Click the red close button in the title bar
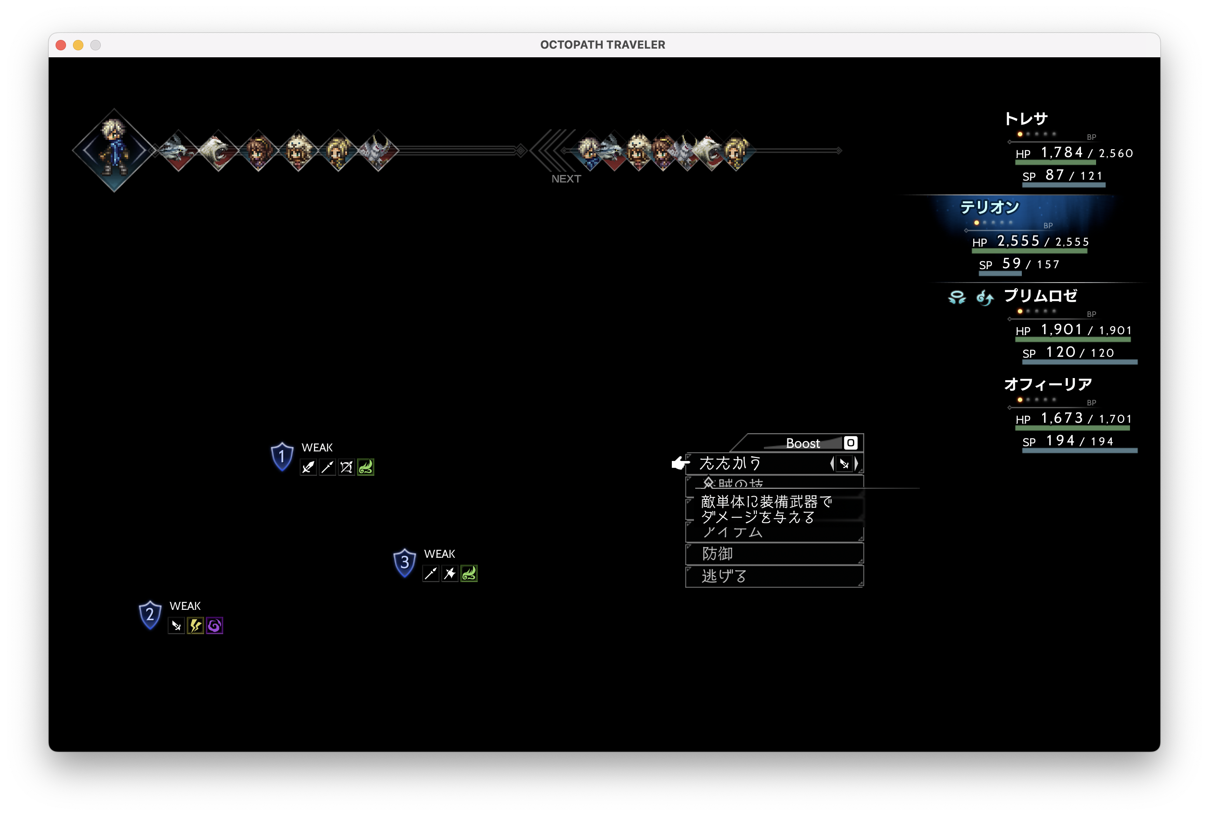(61, 45)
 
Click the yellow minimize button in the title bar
(78, 45)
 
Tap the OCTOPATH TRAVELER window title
(602, 45)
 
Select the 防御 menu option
(717, 554)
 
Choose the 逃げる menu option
(723, 576)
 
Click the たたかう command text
(730, 463)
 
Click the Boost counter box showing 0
(850, 443)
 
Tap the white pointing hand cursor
(680, 463)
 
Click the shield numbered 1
(282, 457)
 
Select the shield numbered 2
(150, 615)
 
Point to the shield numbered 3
(404, 563)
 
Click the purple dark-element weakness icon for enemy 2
(215, 625)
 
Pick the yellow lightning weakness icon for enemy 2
(195, 625)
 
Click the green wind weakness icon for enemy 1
(366, 467)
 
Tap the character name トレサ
(1026, 118)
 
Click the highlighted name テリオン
(989, 207)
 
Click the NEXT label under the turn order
(566, 179)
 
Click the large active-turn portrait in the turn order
(114, 150)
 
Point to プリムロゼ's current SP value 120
(1060, 352)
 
